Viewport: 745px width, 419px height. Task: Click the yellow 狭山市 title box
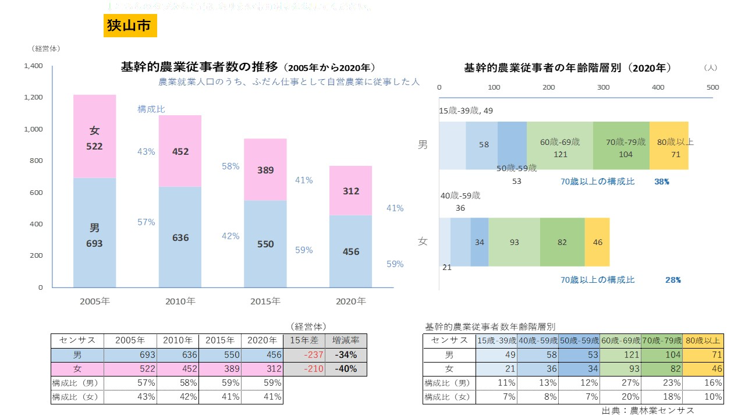pos(130,26)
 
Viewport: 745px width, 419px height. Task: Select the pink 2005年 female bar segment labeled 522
pos(95,137)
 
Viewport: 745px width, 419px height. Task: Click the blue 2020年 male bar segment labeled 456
pos(351,251)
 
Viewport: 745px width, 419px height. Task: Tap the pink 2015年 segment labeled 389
pos(265,170)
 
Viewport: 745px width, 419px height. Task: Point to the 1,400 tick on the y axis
pos(33,66)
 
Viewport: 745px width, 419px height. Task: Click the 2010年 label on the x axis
pos(180,301)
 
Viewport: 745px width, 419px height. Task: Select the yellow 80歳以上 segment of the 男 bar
pos(669,145)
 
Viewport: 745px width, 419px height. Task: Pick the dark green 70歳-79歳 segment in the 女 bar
pos(562,242)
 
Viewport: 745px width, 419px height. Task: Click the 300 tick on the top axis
pos(603,87)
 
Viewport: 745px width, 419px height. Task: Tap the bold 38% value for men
pos(661,182)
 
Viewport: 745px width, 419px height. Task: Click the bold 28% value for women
pos(673,280)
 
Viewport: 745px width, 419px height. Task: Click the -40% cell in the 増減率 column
pos(346,369)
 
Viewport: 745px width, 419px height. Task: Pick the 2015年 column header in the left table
pos(220,340)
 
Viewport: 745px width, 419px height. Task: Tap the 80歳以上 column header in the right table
pos(703,340)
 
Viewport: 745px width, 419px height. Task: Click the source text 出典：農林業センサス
pos(647,410)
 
